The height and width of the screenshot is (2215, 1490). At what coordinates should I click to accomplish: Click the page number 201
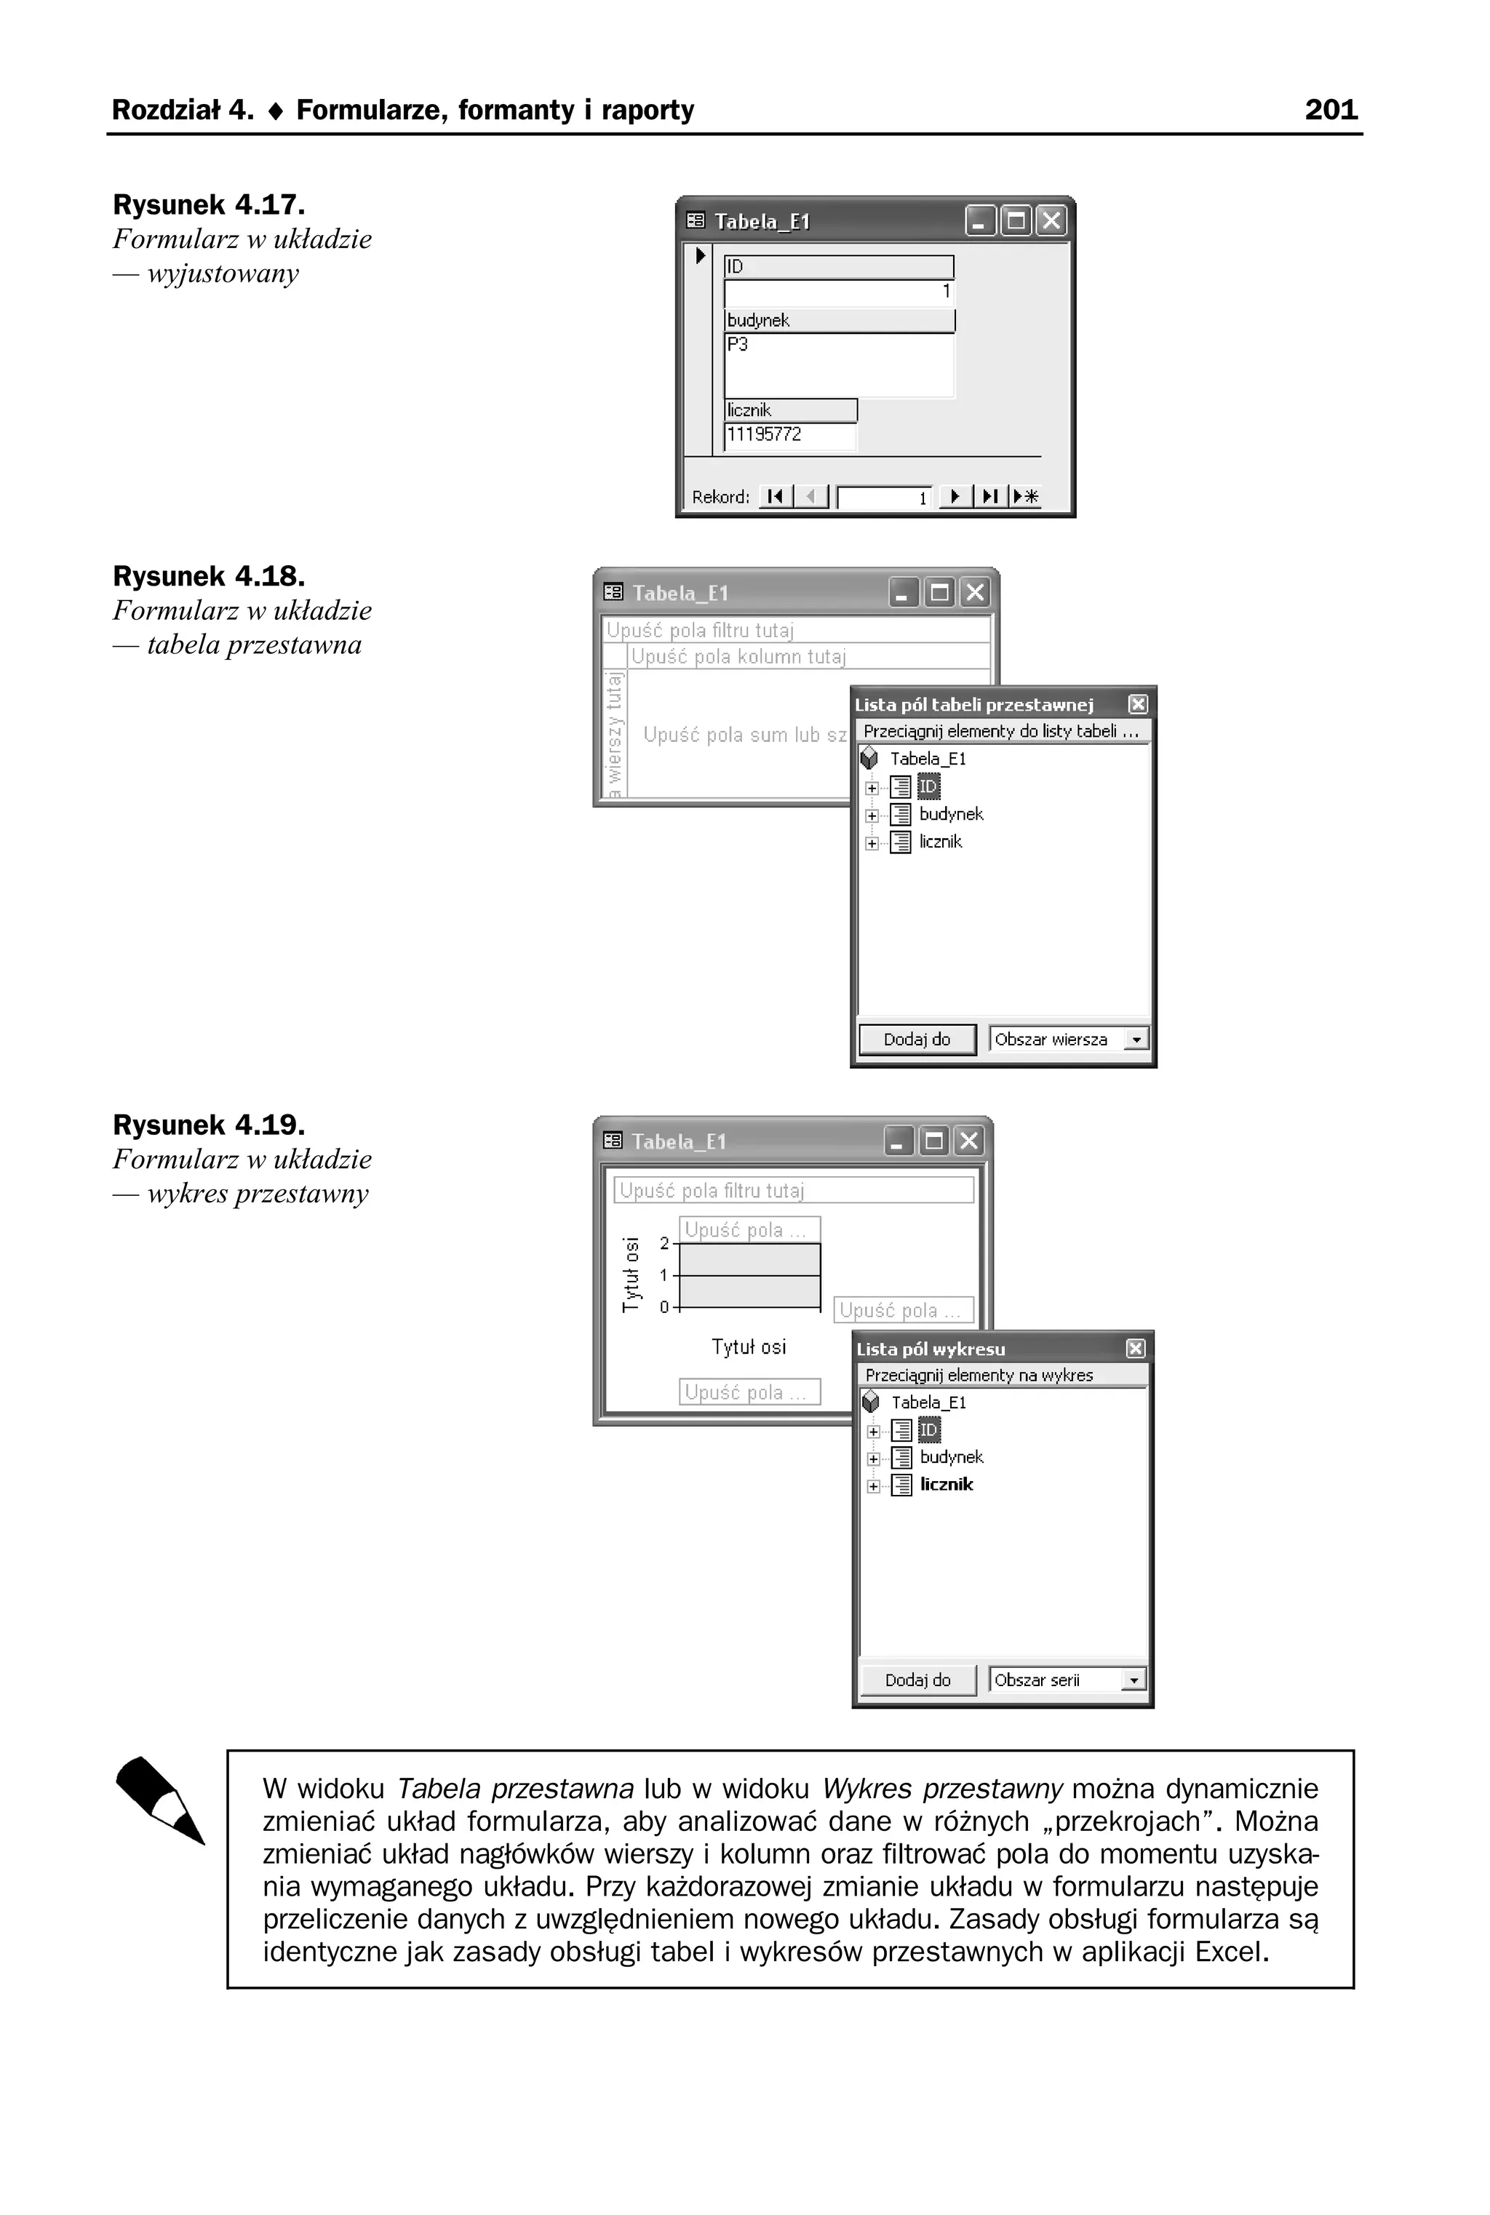1331,110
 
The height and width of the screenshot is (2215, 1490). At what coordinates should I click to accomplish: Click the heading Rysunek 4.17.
208,204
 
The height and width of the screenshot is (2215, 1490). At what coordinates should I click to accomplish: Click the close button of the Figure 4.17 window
1050,221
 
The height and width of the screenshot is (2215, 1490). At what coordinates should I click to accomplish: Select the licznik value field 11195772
789,435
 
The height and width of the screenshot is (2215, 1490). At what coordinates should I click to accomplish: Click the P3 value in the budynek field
738,344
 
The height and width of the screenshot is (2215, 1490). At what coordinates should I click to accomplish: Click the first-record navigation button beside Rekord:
776,496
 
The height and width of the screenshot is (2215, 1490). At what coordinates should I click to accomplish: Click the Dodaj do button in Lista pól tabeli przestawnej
916,1039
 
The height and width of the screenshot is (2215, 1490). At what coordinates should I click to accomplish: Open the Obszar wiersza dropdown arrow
1136,1040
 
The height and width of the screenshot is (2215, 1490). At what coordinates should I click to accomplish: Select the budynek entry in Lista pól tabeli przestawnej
950,814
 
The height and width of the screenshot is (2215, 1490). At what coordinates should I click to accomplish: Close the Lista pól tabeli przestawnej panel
1137,704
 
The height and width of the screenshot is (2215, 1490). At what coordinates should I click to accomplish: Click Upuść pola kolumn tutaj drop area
738,656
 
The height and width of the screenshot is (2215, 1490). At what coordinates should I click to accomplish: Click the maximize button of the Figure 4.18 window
939,593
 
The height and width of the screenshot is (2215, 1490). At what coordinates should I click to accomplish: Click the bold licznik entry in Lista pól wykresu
947,1484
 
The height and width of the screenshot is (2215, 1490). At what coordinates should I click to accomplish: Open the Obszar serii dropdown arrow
1133,1680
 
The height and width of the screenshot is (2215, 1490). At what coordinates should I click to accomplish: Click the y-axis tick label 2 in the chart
664,1243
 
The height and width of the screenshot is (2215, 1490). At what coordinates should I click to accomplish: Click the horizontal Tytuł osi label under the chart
749,1346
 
